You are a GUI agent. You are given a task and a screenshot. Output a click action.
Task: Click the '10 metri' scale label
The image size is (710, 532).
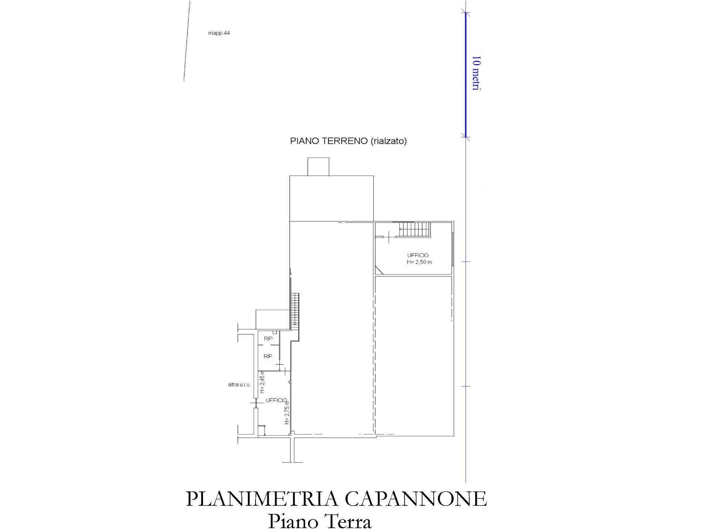click(x=477, y=73)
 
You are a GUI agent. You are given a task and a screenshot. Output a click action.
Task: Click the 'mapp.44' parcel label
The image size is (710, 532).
click(x=219, y=33)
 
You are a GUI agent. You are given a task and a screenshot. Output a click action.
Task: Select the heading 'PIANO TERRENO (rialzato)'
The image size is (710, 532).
click(x=348, y=141)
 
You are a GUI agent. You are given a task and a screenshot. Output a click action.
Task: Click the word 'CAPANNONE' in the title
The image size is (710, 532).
click(x=416, y=499)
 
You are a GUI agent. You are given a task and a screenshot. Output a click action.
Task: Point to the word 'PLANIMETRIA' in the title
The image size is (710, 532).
click(x=262, y=499)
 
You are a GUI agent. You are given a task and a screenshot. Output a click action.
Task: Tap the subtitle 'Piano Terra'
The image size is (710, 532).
click(x=319, y=522)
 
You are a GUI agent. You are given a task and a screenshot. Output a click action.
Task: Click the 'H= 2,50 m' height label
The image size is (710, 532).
click(x=419, y=262)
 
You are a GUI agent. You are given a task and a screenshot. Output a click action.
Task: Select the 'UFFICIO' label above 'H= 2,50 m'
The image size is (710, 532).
click(x=418, y=255)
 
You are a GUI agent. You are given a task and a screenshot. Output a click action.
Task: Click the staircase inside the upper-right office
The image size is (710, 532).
click(x=414, y=229)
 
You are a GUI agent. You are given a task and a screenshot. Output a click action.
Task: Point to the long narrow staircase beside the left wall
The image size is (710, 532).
click(x=295, y=309)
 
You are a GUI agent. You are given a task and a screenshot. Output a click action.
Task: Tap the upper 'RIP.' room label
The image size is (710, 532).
click(x=268, y=338)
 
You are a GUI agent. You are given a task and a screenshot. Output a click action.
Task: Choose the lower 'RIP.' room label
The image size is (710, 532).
click(x=268, y=356)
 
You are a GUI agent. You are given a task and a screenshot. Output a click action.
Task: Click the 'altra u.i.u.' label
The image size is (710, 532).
click(x=239, y=385)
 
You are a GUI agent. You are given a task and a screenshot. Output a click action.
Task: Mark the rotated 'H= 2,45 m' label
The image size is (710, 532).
click(x=262, y=382)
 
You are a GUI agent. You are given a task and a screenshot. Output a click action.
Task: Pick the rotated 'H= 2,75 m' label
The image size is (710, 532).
click(x=287, y=412)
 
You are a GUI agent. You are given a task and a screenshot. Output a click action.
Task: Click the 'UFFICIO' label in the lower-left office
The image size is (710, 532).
click(x=276, y=400)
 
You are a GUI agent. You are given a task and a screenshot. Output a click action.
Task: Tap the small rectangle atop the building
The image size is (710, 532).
click(x=318, y=167)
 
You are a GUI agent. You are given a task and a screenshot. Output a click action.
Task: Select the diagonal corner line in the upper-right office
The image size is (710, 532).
click(x=380, y=270)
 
